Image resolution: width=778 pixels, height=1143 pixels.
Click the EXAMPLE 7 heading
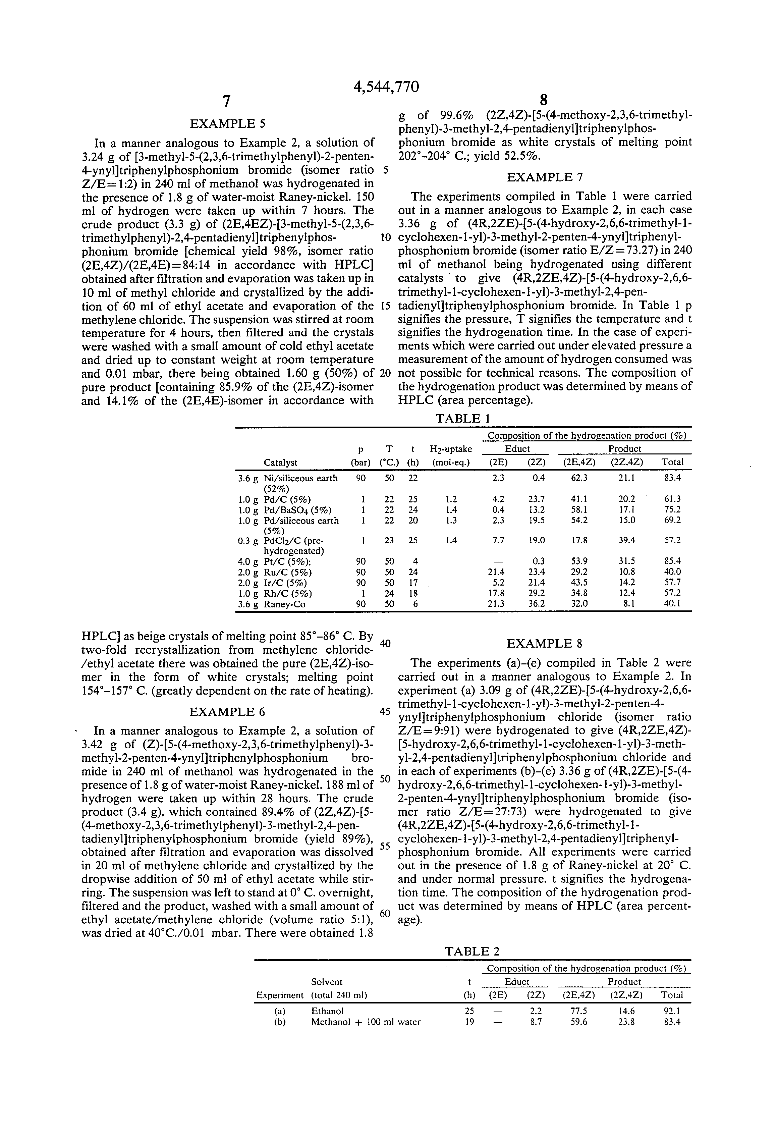click(544, 177)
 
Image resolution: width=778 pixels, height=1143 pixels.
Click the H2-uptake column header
click(450, 449)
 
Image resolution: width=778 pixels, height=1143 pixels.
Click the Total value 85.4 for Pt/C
click(672, 561)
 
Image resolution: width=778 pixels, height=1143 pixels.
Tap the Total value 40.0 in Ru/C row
click(672, 572)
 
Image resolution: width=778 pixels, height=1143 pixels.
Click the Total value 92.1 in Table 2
click(672, 1011)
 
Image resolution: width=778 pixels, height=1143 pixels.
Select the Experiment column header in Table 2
click(280, 995)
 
